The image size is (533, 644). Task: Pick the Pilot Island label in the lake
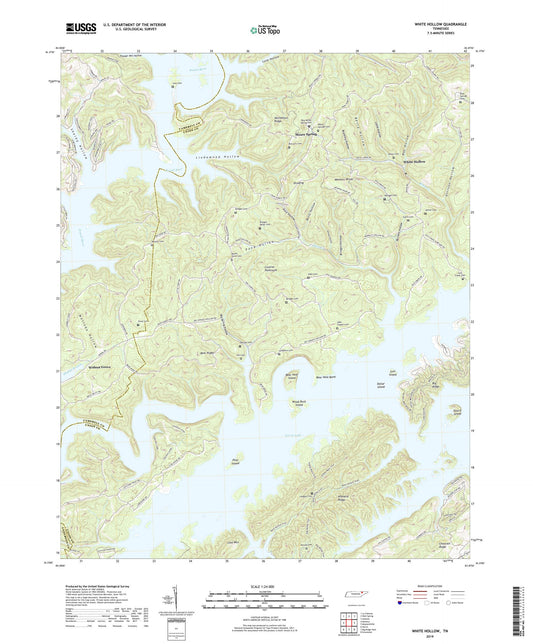click(x=236, y=461)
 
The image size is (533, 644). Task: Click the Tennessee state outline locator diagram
click(x=353, y=596)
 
